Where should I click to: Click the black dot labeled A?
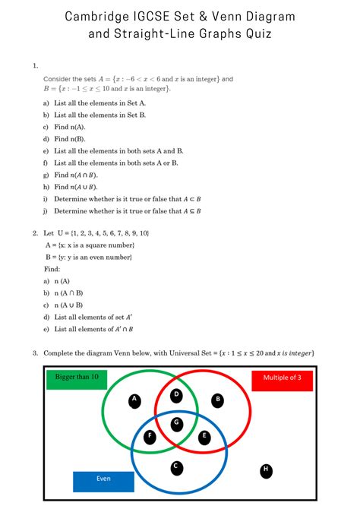(x=134, y=400)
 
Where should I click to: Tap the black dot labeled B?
(x=218, y=400)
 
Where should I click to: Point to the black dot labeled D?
(x=176, y=396)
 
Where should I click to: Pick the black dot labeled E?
(x=204, y=437)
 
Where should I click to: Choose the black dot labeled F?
(x=150, y=436)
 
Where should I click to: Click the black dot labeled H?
(x=266, y=470)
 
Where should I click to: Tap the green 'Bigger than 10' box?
(x=77, y=378)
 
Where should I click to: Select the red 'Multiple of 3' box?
(x=282, y=379)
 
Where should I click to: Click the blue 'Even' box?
(x=103, y=480)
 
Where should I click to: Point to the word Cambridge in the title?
(x=98, y=16)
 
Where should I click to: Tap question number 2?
(x=35, y=232)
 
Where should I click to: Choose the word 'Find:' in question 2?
(x=52, y=269)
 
